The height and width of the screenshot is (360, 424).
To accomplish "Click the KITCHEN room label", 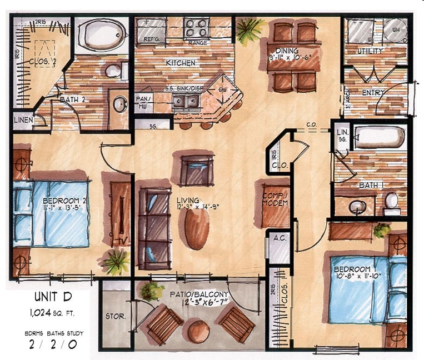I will [181, 63].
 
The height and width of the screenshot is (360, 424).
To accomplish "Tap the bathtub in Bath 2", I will [99, 36].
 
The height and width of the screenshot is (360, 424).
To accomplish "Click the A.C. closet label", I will [278, 237].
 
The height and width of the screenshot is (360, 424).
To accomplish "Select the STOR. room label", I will [115, 317].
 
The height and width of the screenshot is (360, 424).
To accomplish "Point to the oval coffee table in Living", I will [197, 229].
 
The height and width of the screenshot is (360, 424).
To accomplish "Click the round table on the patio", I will [198, 332].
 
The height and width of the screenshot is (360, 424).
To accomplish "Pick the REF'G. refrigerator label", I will [152, 40].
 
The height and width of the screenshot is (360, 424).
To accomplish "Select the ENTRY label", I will [374, 92].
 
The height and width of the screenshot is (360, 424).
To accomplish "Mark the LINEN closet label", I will [23, 120].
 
